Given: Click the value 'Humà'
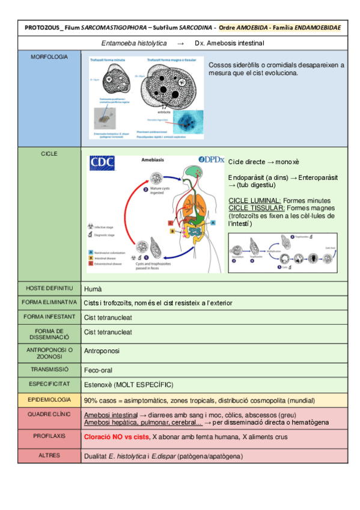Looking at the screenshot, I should tap(93, 289).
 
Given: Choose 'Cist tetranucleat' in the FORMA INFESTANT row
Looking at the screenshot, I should tap(108, 316).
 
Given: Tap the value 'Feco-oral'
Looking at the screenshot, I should tap(99, 370).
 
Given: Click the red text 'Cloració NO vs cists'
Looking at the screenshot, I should tap(116, 437).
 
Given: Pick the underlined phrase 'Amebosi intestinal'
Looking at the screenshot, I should tap(111, 415).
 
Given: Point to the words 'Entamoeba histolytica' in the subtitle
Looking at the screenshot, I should tap(134, 43).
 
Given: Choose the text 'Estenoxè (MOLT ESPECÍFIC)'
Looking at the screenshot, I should tap(129, 384).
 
